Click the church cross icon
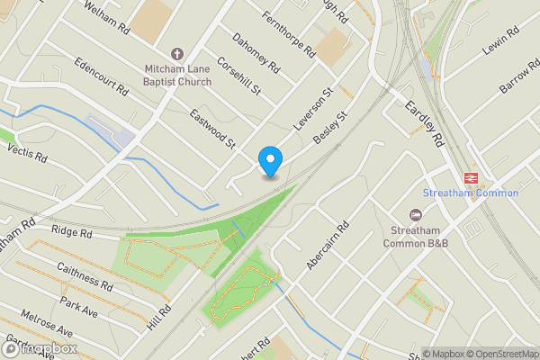point(176,54)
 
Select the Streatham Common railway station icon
point(470,178)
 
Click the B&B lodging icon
point(415,214)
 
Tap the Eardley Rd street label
point(425,123)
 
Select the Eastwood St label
point(212,129)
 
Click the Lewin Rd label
point(500,43)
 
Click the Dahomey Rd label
point(256,54)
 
